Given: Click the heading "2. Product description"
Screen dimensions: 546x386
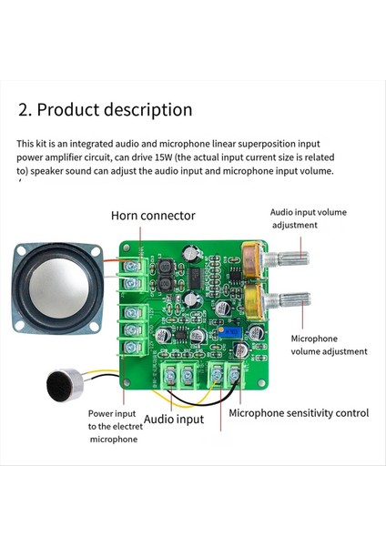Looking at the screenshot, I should pos(105,110).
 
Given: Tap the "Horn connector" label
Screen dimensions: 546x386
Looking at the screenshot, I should pos(153,216).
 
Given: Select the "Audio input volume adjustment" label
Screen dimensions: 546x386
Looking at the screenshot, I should pos(308,218).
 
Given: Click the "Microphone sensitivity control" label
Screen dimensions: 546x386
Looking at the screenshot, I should pos(299,412).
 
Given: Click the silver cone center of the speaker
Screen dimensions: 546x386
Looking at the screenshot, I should pos(56,292).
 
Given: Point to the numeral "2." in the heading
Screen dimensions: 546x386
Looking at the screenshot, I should pos(25,110).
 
